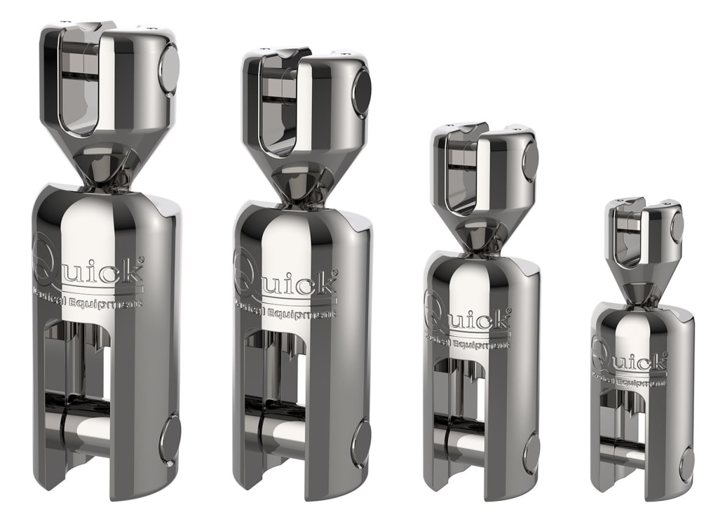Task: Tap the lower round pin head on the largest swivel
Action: point(170,440)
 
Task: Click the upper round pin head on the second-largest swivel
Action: point(361,90)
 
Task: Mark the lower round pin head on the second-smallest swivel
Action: point(531,453)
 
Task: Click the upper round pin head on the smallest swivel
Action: point(677,224)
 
